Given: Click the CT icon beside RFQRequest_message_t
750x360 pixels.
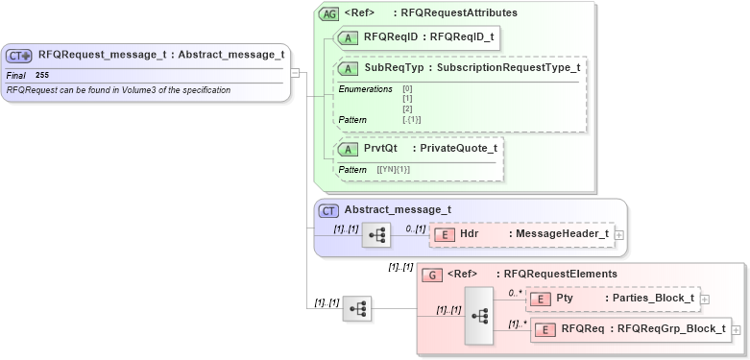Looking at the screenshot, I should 19,56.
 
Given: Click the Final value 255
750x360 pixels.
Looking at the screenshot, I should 42,75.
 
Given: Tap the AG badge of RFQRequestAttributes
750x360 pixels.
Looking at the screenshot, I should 328,13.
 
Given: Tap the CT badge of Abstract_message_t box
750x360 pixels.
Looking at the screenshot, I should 328,210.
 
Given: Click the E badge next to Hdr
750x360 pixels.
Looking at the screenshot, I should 445,233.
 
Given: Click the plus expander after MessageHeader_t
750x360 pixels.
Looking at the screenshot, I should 618,234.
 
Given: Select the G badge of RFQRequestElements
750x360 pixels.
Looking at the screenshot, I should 433,275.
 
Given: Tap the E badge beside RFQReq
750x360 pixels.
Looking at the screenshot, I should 543,330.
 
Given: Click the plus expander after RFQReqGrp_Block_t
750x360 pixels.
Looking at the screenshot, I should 737,330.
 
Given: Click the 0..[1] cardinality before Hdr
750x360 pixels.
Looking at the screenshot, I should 414,228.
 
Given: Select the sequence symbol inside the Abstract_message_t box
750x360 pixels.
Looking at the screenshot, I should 376,234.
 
